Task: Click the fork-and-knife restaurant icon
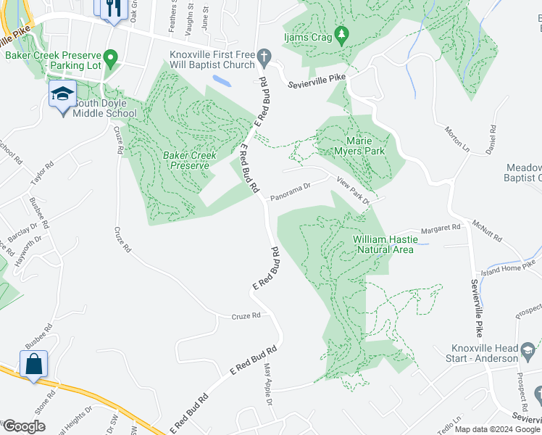[x=112, y=9]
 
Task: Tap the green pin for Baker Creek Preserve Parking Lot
[x=110, y=57]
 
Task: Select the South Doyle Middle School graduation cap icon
[x=62, y=94]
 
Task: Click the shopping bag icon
[x=34, y=364]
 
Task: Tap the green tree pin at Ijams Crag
[x=343, y=35]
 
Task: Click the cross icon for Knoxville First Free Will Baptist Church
[x=264, y=57]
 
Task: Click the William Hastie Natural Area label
[x=383, y=244]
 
